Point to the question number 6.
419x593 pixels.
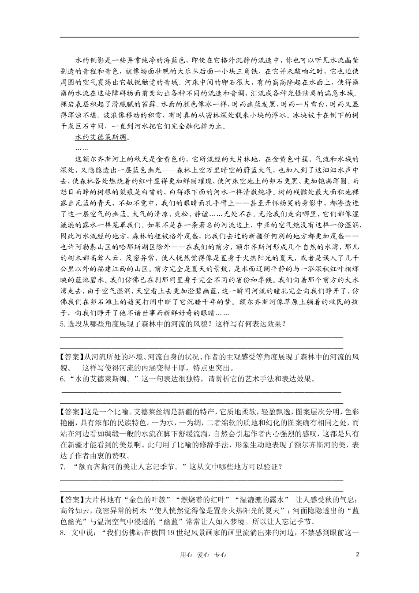click(62, 379)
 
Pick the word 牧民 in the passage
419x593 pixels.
click(320, 302)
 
